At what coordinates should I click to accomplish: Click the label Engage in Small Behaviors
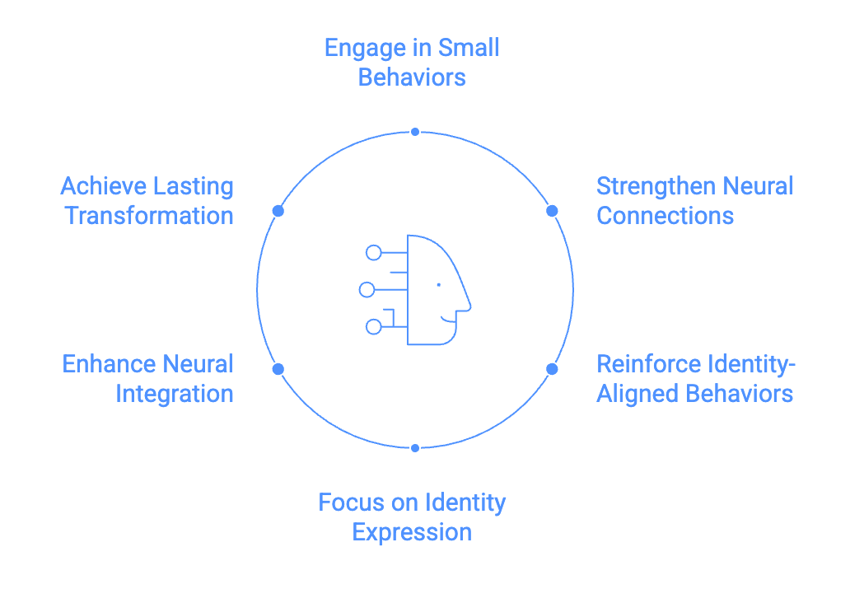point(412,62)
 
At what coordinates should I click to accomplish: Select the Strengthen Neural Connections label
point(694,200)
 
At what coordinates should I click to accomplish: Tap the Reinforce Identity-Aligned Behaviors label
point(694,378)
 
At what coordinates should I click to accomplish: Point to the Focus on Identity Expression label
point(412,517)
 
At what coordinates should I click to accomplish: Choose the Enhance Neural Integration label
point(148,378)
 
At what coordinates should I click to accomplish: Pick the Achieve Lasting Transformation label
point(147,200)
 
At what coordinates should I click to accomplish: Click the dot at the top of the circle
point(415,132)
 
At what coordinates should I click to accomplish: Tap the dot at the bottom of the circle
point(415,448)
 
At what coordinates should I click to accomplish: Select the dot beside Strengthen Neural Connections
point(552,211)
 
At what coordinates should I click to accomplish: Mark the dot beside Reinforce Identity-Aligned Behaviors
point(552,369)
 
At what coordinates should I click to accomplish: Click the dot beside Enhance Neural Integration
point(278,369)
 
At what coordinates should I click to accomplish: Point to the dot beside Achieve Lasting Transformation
point(278,211)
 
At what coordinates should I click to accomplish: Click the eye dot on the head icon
point(438,285)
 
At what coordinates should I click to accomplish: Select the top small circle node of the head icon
point(373,252)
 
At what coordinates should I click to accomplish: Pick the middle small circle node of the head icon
point(367,289)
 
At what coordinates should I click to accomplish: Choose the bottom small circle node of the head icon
point(373,327)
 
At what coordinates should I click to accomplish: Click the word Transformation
point(149,216)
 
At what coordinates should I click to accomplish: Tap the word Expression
point(412,532)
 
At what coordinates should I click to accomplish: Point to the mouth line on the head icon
point(448,318)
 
